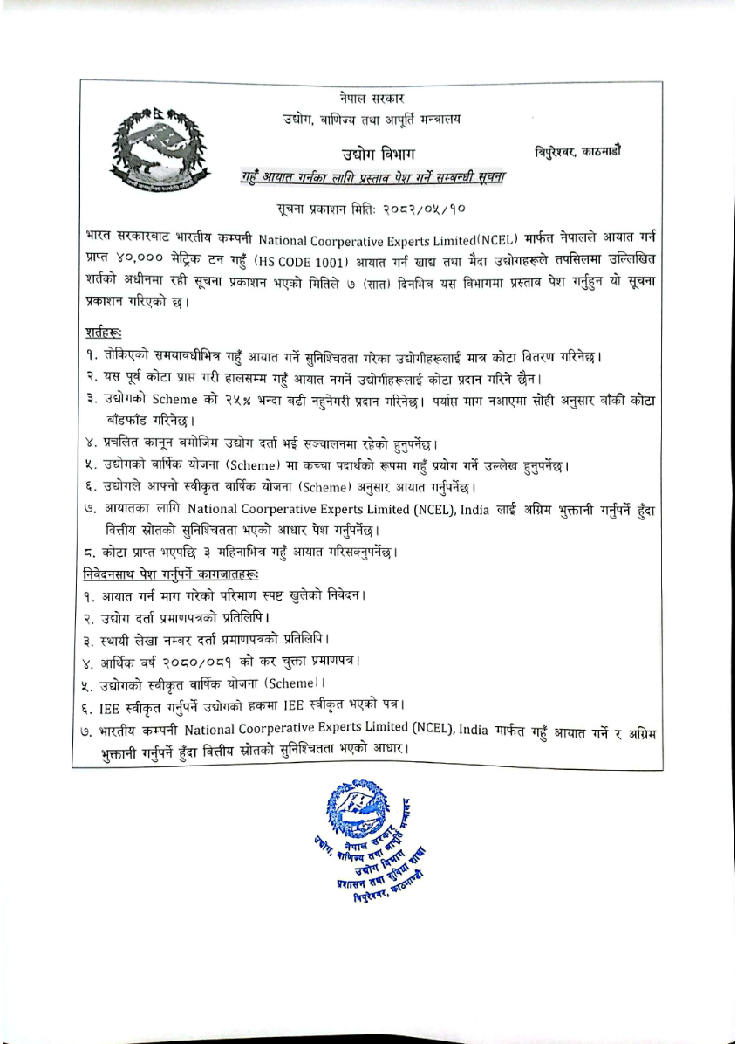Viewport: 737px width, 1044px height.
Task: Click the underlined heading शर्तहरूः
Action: point(105,333)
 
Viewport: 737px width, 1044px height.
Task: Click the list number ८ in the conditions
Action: point(91,552)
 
